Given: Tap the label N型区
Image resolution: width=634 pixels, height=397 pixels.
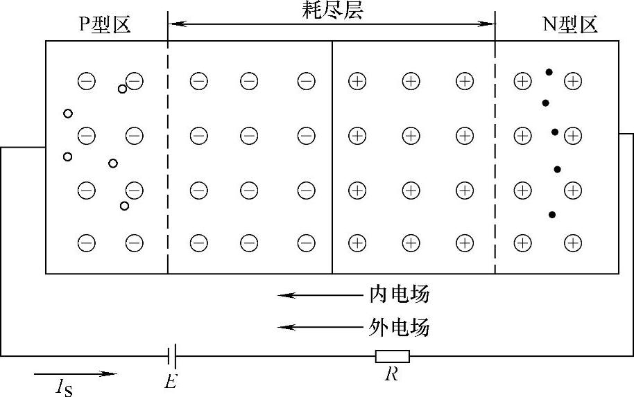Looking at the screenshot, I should tap(569, 26).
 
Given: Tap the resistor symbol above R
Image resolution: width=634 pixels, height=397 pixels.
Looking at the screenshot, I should tap(393, 357).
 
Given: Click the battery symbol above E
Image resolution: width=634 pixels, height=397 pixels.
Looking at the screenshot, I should tap(173, 357).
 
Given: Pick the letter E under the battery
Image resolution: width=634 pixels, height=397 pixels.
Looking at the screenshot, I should tap(170, 380).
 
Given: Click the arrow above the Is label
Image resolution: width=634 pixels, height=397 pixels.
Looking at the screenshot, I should tap(75, 374).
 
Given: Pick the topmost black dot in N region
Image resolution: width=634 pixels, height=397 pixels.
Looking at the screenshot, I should tap(549, 72).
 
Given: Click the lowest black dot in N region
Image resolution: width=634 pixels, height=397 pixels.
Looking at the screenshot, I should tap(552, 215).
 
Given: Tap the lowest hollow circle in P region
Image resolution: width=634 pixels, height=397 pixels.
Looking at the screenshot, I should tap(124, 206).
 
